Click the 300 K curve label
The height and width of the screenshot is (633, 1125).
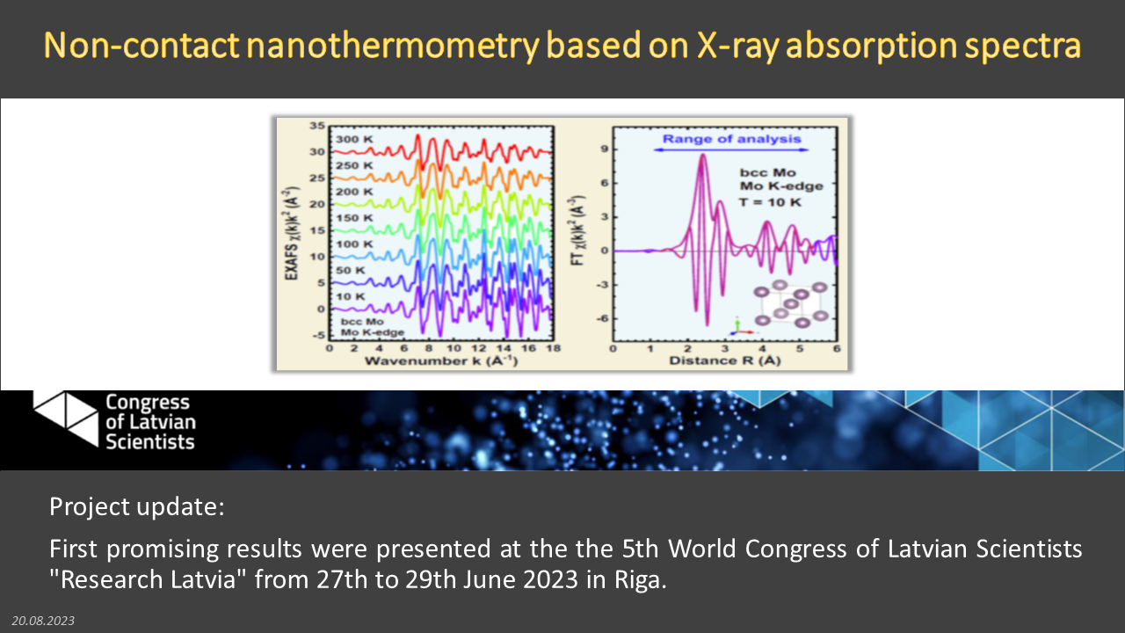(x=354, y=139)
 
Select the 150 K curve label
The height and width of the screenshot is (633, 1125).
(x=354, y=218)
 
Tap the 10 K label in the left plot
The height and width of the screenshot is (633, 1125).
(x=351, y=296)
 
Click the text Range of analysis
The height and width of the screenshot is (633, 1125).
(x=732, y=139)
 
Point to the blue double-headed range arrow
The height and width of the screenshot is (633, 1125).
(x=731, y=149)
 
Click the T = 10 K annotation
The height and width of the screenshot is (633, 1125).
(x=770, y=202)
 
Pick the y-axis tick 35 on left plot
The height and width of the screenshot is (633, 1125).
(x=317, y=126)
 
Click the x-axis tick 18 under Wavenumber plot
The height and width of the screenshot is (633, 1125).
(x=554, y=348)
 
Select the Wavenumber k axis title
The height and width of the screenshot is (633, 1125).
(x=441, y=360)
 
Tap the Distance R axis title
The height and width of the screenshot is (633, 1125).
(x=725, y=360)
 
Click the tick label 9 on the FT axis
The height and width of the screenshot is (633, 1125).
(x=604, y=149)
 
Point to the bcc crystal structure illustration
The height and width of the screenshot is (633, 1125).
(x=791, y=304)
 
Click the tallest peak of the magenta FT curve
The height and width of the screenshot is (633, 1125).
(x=703, y=155)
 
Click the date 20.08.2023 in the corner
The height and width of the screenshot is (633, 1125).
(x=43, y=621)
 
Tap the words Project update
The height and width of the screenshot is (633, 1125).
(x=136, y=506)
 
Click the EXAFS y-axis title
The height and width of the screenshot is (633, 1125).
(x=292, y=234)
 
